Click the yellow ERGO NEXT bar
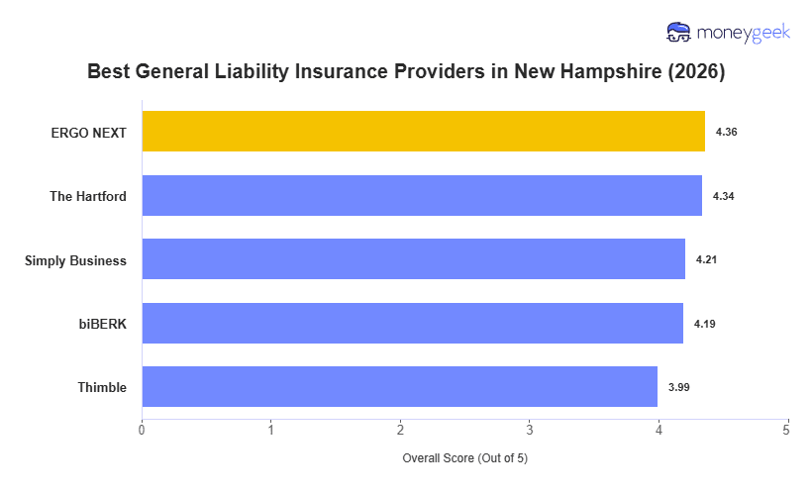[x=423, y=132]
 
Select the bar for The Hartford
[x=422, y=196]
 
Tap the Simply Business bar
[x=413, y=259]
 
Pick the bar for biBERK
[x=412, y=324]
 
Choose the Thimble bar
[x=399, y=387]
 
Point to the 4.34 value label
[x=724, y=196]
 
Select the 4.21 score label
[x=707, y=259]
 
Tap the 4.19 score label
[x=705, y=324]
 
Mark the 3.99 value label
[x=679, y=387]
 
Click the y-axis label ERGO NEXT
[x=89, y=132]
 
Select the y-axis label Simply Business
[x=76, y=260]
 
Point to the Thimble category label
[x=102, y=387]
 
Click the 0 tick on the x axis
[x=142, y=430]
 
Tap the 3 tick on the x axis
[x=529, y=430]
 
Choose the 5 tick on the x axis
[x=786, y=430]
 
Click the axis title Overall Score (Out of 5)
[x=464, y=458]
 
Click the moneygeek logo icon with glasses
[x=679, y=33]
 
